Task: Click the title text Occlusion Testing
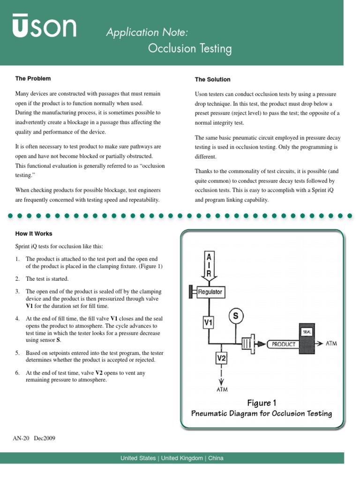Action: pyautogui.click(x=190, y=48)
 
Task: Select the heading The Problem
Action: pyautogui.click(x=33, y=78)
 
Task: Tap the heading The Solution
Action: pyautogui.click(x=212, y=79)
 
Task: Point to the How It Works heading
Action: pyautogui.click(x=34, y=233)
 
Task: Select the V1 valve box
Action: pyautogui.click(x=208, y=322)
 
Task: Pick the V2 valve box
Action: pyautogui.click(x=221, y=359)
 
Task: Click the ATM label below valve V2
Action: pyautogui.click(x=221, y=389)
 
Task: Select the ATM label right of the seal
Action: pyautogui.click(x=331, y=343)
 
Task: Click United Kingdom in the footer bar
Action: pyautogui.click(x=182, y=458)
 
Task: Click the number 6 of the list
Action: pyautogui.click(x=17, y=373)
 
